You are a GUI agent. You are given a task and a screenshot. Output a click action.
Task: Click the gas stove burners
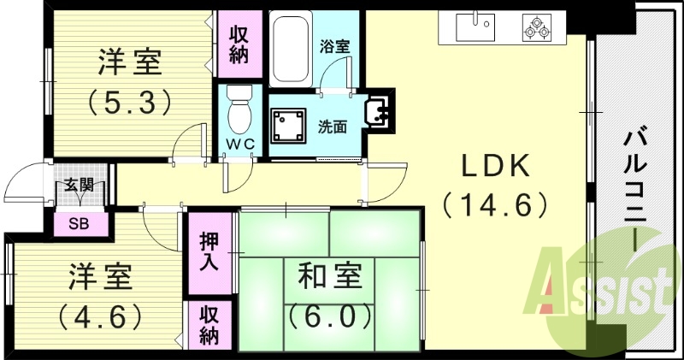click(539, 29)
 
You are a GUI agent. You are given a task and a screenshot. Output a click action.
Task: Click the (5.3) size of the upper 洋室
click(131, 102)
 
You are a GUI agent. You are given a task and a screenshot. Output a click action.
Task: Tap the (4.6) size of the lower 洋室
click(101, 316)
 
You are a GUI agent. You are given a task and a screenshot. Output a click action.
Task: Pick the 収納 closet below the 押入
click(209, 325)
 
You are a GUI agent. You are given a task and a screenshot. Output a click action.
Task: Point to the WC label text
click(240, 145)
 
